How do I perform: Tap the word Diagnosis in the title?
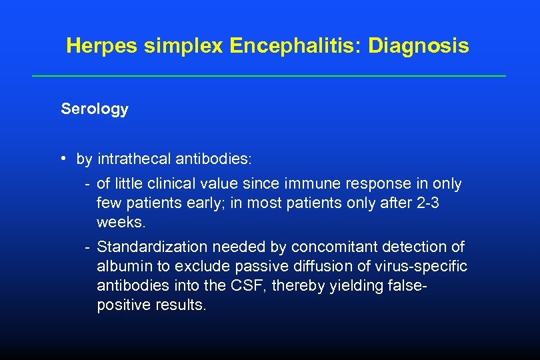(x=419, y=47)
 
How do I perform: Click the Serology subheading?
(x=94, y=109)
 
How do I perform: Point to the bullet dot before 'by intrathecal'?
(x=61, y=159)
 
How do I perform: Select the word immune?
(x=309, y=183)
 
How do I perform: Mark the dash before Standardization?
(x=87, y=247)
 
